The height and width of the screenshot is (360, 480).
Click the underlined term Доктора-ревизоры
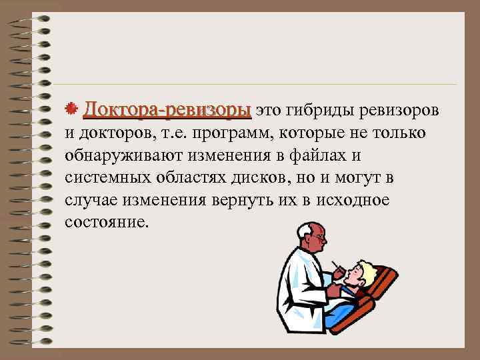pyautogui.click(x=167, y=109)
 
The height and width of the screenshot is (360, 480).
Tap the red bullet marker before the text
pyautogui.click(x=75, y=109)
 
